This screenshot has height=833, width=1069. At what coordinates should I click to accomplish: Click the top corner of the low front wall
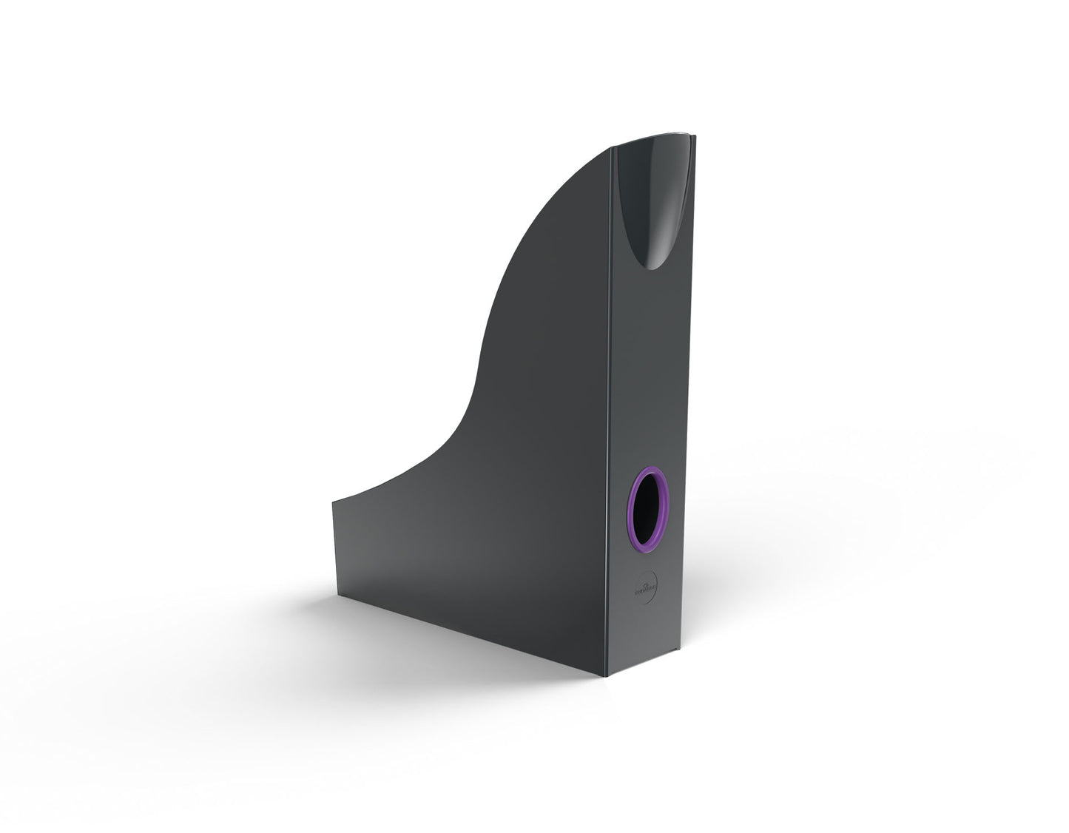coord(332,501)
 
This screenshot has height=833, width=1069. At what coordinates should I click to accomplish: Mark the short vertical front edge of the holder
coord(332,547)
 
